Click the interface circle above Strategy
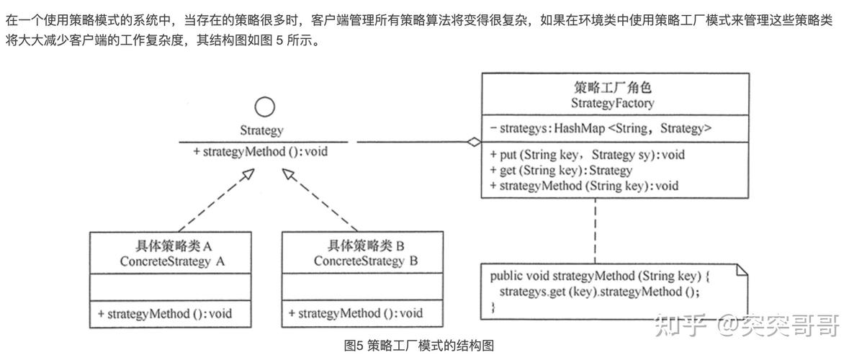(x=265, y=108)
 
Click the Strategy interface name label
(x=261, y=131)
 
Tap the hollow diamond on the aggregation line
(x=472, y=143)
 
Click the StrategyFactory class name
(x=612, y=103)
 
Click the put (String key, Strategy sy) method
(x=587, y=154)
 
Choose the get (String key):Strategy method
(x=560, y=171)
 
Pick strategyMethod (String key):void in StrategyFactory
(x=583, y=186)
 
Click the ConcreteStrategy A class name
(x=172, y=261)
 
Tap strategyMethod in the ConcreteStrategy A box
(x=164, y=313)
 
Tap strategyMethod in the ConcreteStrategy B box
(x=356, y=313)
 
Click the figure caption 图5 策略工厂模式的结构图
(x=419, y=346)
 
